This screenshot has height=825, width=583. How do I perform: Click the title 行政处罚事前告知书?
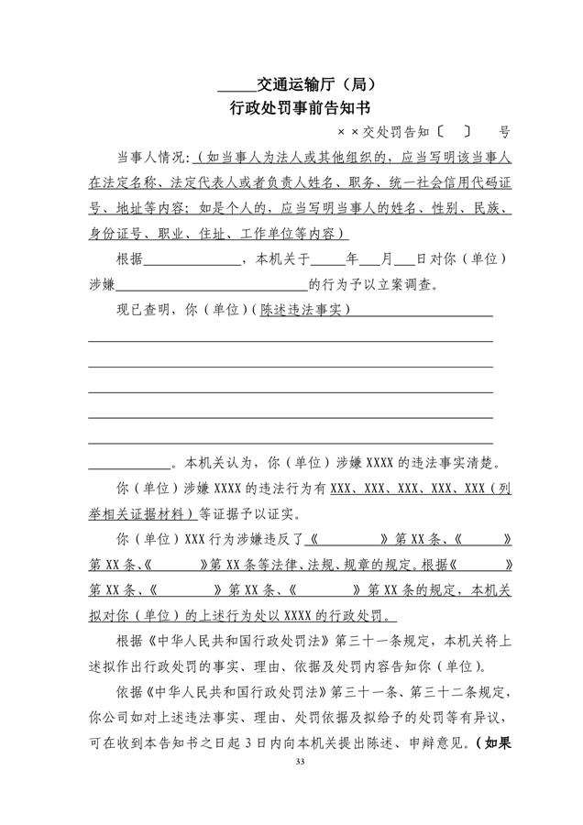point(291,108)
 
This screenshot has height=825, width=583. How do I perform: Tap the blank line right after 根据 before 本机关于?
point(192,258)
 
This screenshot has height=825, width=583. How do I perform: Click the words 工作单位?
point(268,232)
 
